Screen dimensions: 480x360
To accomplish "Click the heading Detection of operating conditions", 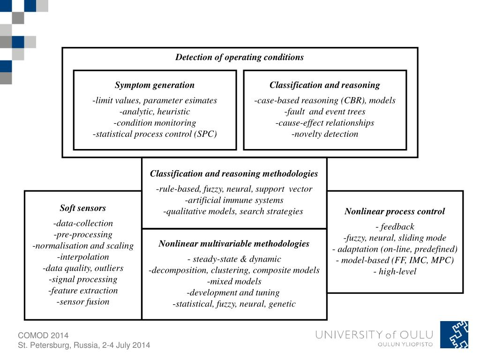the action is pyautogui.click(x=240, y=57).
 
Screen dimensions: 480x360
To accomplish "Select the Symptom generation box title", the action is pyautogui.click(x=155, y=85).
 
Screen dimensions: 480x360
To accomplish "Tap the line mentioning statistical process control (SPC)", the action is pyautogui.click(x=155, y=134).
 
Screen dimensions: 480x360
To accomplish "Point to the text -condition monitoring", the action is pyautogui.click(x=155, y=123).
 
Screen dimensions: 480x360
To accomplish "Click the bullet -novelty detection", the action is pyautogui.click(x=325, y=134).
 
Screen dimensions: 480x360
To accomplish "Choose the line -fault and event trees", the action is pyautogui.click(x=325, y=112).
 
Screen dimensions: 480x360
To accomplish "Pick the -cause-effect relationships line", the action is pyautogui.click(x=325, y=123).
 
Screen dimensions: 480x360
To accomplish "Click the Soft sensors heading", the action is pyautogui.click(x=83, y=208).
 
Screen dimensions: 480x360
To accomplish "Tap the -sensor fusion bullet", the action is pyautogui.click(x=83, y=302).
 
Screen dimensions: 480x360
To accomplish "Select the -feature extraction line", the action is pyautogui.click(x=83, y=291).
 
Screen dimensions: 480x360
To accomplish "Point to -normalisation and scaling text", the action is pyautogui.click(x=83, y=246).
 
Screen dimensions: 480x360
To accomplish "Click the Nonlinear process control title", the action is pyautogui.click(x=395, y=211).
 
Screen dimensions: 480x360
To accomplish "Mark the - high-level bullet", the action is pyautogui.click(x=395, y=272).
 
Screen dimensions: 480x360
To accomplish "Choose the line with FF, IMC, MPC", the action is pyautogui.click(x=395, y=261).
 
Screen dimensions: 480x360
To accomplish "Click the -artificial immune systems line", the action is pyautogui.click(x=234, y=200).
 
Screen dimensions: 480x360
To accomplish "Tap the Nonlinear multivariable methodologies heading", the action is pyautogui.click(x=234, y=243).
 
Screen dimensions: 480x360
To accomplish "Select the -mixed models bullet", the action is pyautogui.click(x=234, y=282).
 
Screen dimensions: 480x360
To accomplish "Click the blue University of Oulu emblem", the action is pyautogui.click(x=454, y=335).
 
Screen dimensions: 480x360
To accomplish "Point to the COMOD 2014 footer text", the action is pyautogui.click(x=43, y=335).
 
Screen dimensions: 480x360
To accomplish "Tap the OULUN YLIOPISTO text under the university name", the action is pyautogui.click(x=405, y=345).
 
